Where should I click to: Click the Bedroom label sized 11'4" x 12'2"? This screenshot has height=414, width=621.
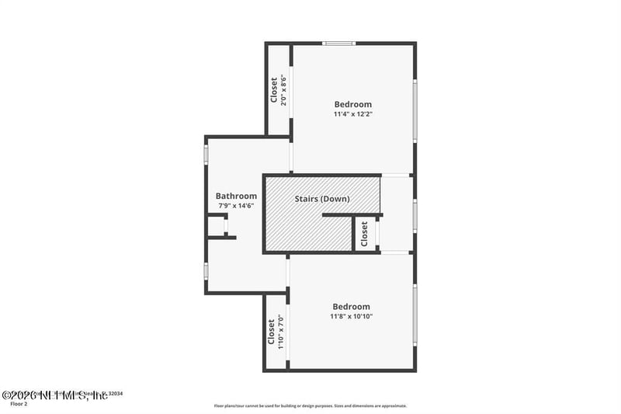pos(352,104)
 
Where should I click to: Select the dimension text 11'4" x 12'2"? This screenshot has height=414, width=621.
pos(352,114)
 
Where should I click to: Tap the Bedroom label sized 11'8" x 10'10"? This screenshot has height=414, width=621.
pos(351,306)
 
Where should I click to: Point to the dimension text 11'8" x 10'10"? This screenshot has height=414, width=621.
pos(351,316)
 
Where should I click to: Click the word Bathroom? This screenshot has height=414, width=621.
pos(236,196)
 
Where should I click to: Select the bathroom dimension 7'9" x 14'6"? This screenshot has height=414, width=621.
pos(236,206)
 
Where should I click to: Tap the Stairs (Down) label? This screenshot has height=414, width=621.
pos(322,199)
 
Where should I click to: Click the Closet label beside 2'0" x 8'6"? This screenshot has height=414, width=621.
pos(274,89)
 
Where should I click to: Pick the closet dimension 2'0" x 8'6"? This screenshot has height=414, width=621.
pos(284,90)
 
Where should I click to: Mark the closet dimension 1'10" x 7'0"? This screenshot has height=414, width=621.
pos(281,332)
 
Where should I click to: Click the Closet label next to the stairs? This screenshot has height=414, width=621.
pos(363,235)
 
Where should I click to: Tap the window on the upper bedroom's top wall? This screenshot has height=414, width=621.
pos(339,43)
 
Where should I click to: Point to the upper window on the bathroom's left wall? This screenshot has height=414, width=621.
pos(206,153)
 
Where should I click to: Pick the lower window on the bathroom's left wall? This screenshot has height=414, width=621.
pos(206,270)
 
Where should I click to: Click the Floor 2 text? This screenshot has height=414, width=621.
pos(18,404)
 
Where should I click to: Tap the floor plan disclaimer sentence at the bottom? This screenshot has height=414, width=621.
pos(310,405)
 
